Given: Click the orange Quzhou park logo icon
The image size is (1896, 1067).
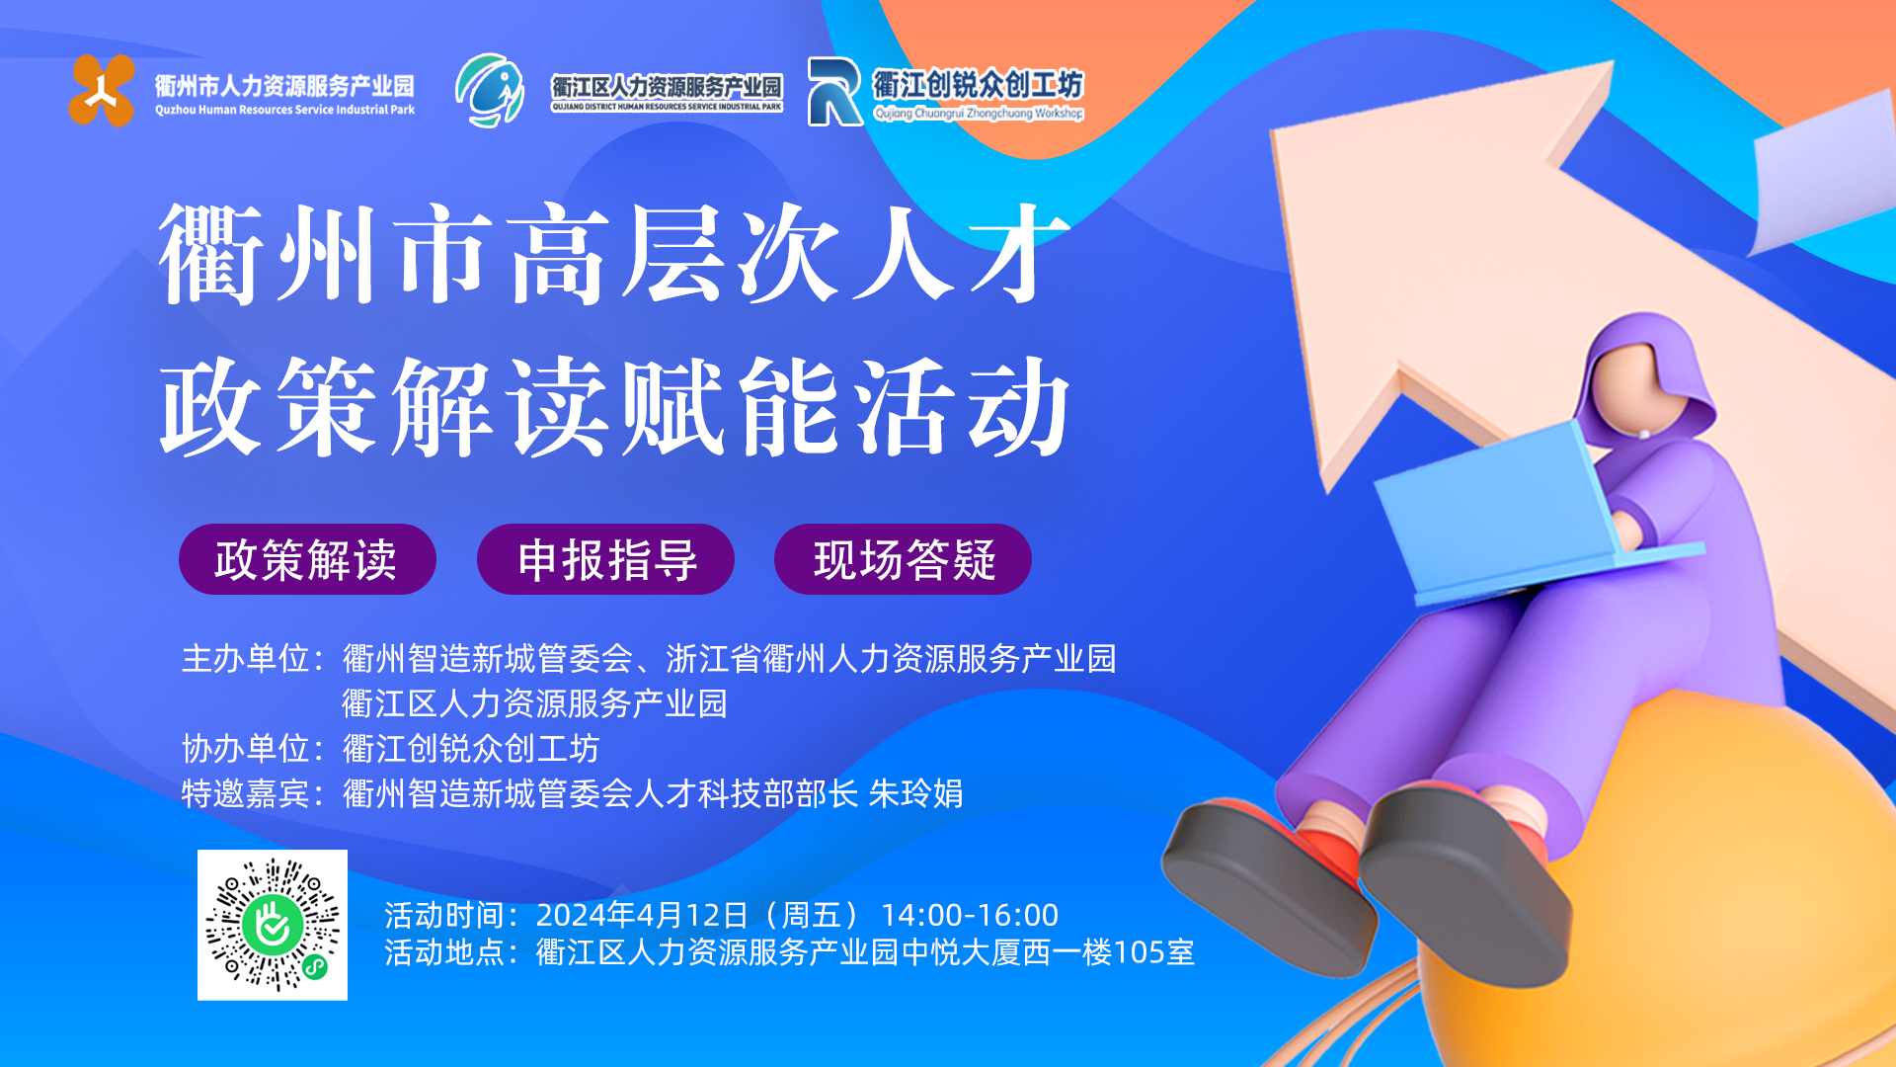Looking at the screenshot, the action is [x=102, y=91].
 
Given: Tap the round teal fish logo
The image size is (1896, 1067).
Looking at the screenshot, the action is [x=490, y=90].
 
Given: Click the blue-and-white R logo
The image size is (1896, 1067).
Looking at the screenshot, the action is [x=834, y=91].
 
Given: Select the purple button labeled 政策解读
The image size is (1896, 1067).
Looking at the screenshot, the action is [x=307, y=559].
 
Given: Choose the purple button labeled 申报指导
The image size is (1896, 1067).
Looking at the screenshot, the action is [x=605, y=559].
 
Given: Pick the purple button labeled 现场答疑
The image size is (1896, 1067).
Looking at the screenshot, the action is [x=903, y=559].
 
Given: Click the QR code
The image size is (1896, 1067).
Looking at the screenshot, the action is [x=273, y=925].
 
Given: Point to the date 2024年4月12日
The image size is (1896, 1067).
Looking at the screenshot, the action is [x=643, y=915].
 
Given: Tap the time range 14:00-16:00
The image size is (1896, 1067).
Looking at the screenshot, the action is [x=969, y=915].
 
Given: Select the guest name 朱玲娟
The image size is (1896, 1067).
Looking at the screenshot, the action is [x=915, y=793].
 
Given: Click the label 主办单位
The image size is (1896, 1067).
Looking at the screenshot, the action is [x=246, y=659].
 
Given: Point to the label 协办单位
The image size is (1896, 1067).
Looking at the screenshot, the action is [x=246, y=749].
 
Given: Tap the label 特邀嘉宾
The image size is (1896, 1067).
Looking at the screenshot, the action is [x=246, y=793].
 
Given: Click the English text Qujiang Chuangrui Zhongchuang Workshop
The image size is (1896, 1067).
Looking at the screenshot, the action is [x=979, y=114].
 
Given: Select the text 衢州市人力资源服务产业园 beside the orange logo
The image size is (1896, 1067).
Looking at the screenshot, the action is [x=284, y=86].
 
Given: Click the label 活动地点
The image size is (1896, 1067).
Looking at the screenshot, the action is [x=449, y=952].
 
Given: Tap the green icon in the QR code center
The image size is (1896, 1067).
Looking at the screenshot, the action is [x=273, y=925].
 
